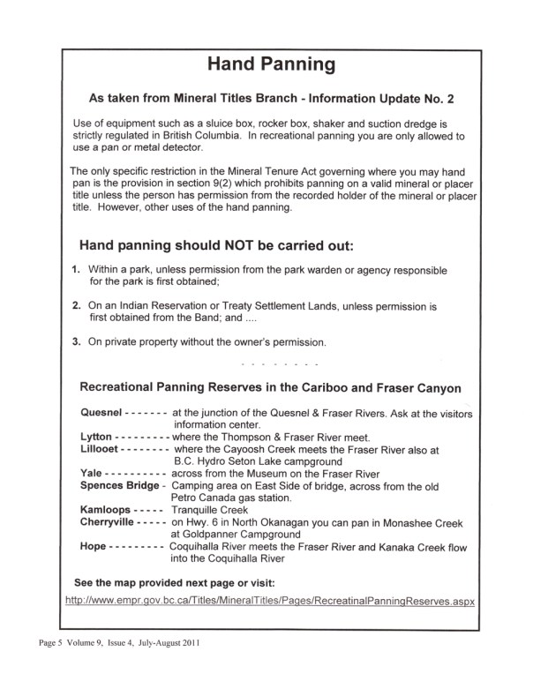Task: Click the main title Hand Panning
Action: [266, 64]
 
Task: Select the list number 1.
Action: [76, 268]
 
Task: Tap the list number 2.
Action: [76, 304]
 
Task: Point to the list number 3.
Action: [76, 341]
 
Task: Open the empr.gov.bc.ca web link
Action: [271, 602]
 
